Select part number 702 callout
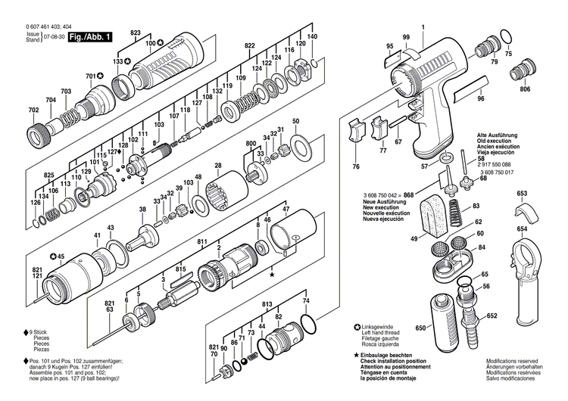33,110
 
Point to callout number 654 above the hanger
522,228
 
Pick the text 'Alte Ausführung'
498,134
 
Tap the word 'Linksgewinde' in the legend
379,327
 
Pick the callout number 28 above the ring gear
218,166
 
